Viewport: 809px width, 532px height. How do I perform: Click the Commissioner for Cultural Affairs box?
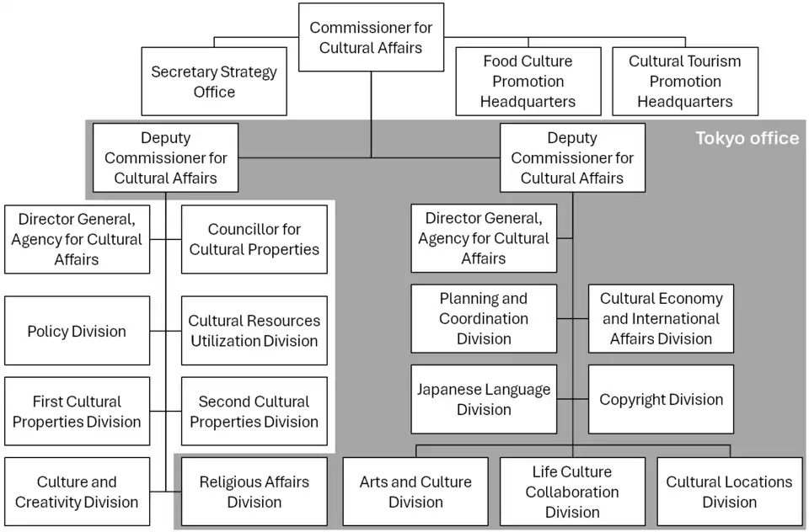[371, 38]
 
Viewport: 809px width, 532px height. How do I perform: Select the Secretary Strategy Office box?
[214, 82]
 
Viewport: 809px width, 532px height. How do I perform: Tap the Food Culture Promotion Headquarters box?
[528, 82]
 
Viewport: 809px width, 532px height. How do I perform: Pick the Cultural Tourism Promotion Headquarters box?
[684, 82]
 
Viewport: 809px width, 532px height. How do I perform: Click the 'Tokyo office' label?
[747, 138]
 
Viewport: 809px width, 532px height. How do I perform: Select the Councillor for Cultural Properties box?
[254, 239]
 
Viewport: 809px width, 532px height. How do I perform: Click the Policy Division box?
[77, 331]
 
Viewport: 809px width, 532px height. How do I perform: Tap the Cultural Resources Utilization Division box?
[254, 331]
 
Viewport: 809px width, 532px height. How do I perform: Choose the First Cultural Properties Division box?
[77, 412]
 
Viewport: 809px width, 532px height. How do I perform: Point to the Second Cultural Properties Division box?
[254, 412]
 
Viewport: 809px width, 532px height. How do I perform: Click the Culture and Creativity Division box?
[77, 492]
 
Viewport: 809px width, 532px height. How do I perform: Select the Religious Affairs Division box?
[254, 492]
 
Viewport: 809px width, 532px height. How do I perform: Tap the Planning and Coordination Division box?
[484, 318]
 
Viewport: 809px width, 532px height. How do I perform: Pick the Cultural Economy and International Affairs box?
[661, 318]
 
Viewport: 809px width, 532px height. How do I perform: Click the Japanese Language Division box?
[484, 399]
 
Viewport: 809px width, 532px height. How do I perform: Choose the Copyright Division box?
[661, 399]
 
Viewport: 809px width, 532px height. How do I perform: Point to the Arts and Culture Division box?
[415, 492]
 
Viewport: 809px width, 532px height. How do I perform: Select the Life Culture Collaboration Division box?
[572, 492]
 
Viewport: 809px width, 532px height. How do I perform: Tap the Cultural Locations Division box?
[729, 492]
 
